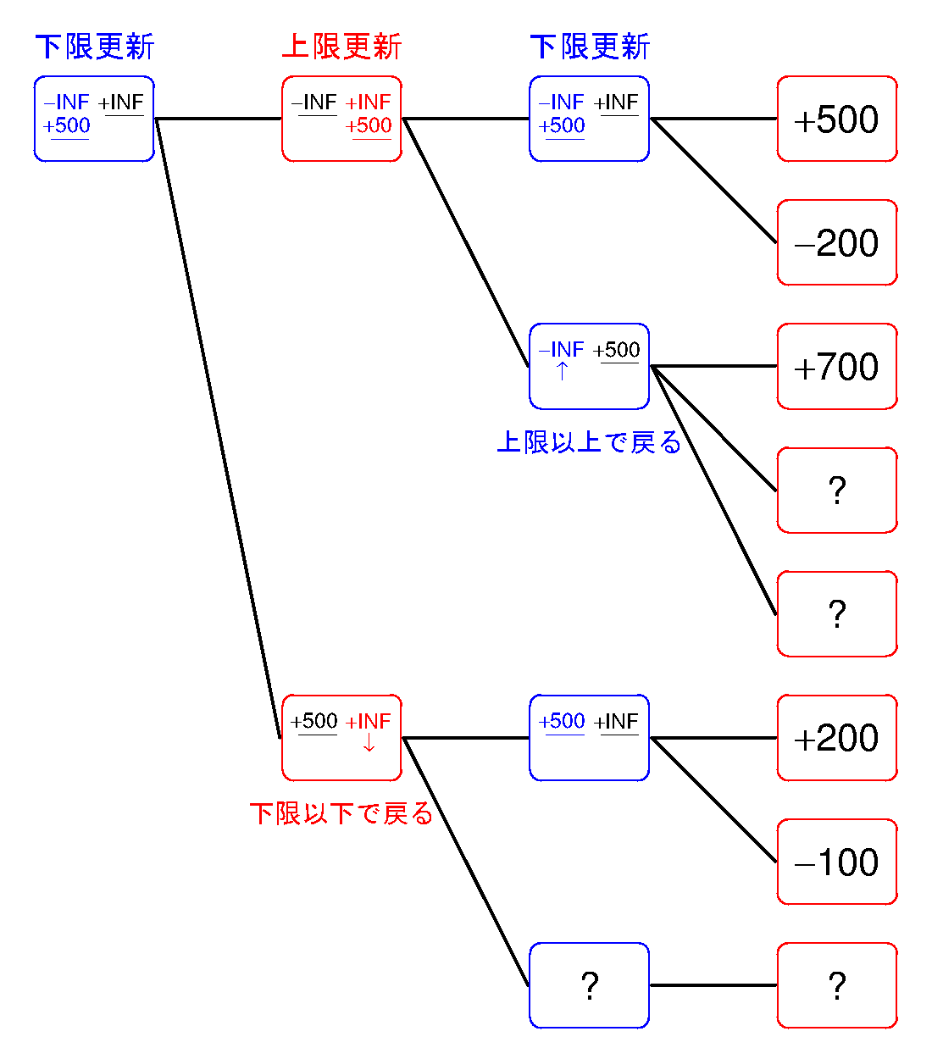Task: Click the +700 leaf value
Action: coord(835,367)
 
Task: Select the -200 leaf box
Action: coord(837,242)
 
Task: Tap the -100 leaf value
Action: coord(835,862)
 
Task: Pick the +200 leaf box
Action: coord(837,738)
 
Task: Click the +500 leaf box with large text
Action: coord(837,119)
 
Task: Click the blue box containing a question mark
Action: coord(589,985)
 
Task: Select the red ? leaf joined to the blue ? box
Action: coord(837,985)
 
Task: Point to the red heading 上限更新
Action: coord(341,47)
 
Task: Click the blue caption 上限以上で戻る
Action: coord(589,441)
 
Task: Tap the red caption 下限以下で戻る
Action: coord(341,813)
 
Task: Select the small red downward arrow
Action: coord(369,742)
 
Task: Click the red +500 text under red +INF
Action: coord(369,125)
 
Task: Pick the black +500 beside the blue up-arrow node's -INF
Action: coord(616,350)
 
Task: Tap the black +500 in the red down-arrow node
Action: coord(313,721)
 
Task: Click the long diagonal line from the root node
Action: coord(218,428)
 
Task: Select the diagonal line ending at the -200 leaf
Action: coord(714,180)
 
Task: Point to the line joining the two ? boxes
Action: coord(713,985)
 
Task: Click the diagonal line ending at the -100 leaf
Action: coord(714,800)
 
